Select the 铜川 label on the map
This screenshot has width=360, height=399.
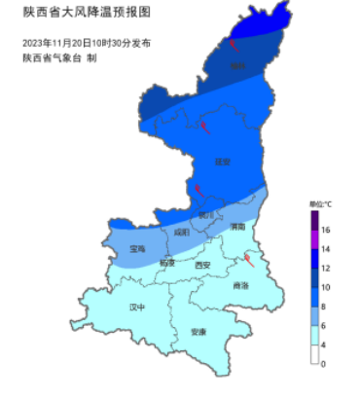coord(205,214)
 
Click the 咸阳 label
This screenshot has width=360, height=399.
coord(182,233)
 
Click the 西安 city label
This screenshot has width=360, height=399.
coord(202,264)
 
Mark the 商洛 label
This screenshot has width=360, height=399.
coord(240,285)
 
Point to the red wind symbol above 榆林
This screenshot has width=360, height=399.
coord(234,44)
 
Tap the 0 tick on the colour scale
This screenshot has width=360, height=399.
coord(325,363)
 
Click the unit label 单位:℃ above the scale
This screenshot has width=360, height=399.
coord(320,203)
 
